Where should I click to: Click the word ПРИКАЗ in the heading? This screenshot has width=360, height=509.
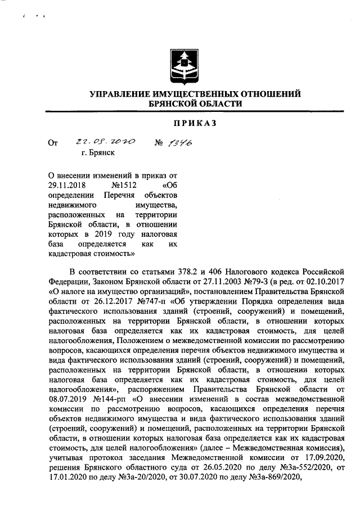181,123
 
